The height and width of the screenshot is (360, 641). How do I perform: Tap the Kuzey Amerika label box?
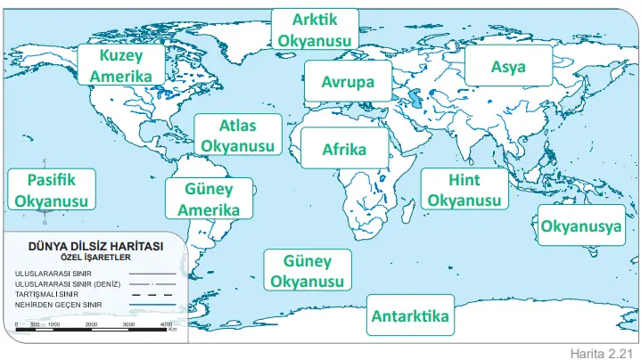[126, 65]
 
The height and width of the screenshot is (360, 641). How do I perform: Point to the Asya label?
[508, 67]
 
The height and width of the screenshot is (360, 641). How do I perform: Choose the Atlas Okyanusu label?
[237, 135]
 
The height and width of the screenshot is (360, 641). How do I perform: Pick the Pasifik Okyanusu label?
[52, 190]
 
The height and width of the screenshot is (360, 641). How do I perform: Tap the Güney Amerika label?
[209, 200]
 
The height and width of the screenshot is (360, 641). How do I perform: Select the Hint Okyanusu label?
[464, 190]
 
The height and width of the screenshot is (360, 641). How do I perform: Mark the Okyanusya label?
[580, 226]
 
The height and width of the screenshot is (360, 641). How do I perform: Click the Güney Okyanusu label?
[307, 272]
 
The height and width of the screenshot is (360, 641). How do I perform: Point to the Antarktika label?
[410, 316]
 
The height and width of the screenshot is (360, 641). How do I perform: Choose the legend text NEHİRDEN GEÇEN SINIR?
[59, 305]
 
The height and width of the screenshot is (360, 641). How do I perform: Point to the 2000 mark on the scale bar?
[91, 324]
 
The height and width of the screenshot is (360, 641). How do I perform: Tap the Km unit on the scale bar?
[172, 329]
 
